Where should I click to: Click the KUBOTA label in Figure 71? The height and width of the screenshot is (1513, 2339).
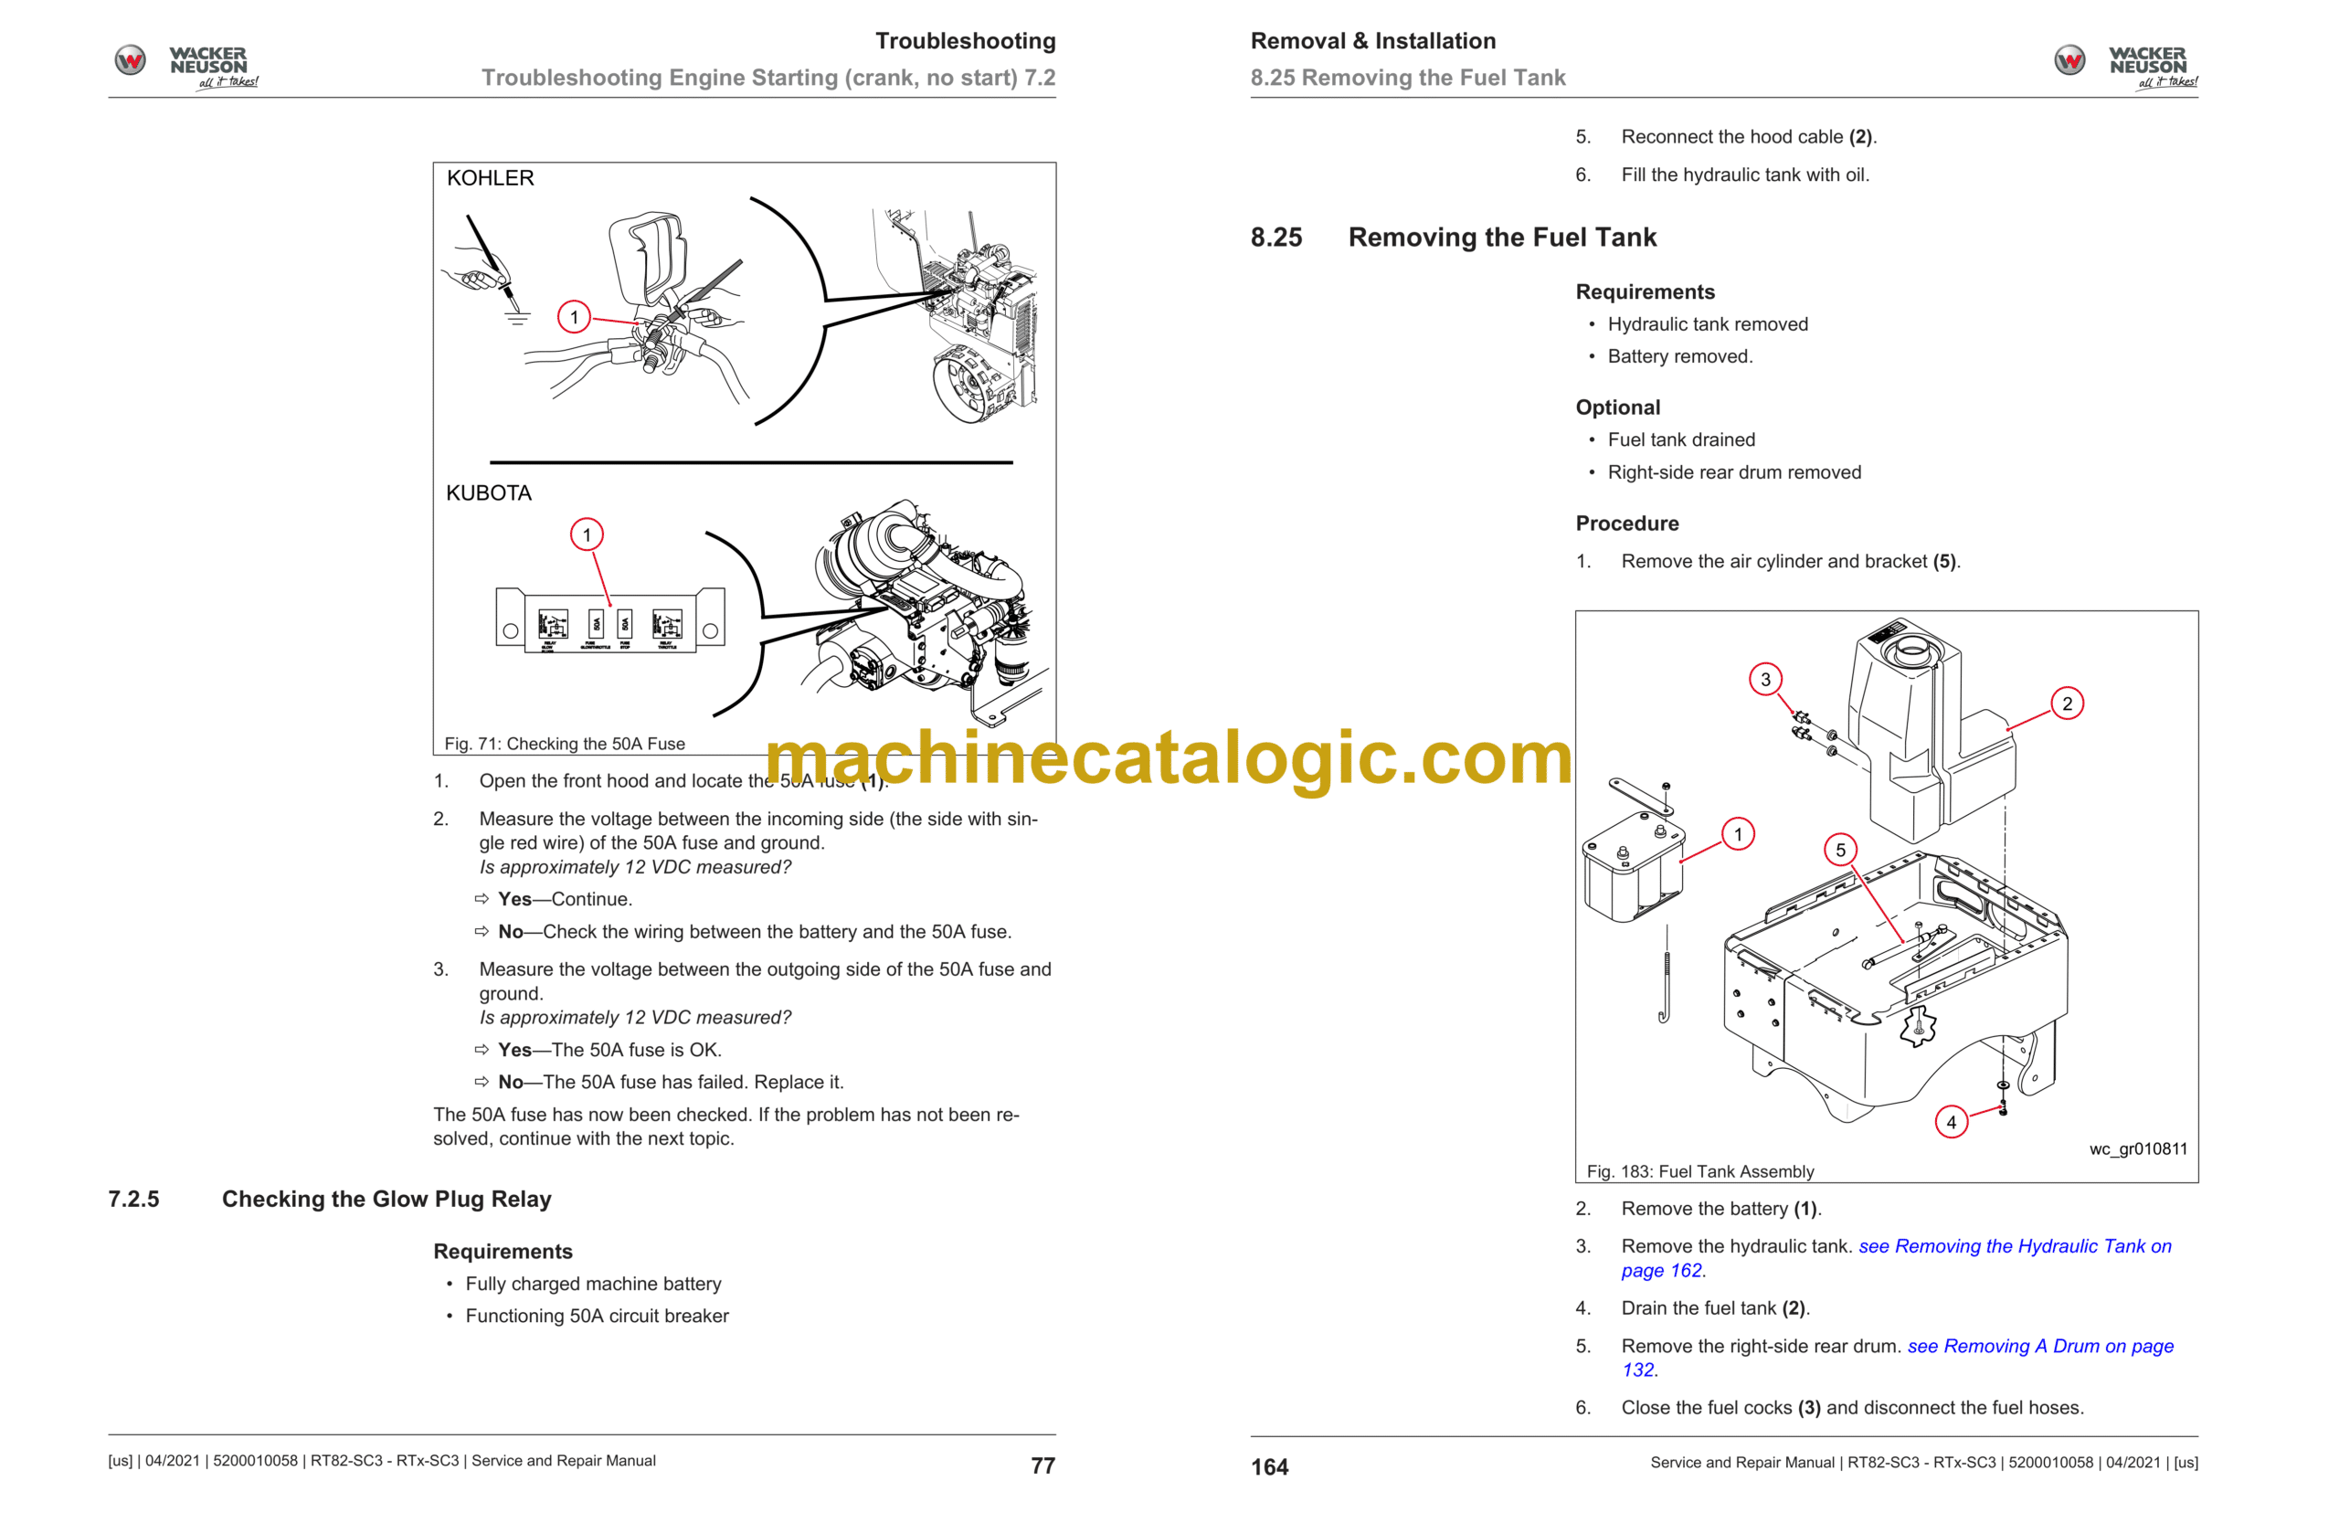(x=488, y=493)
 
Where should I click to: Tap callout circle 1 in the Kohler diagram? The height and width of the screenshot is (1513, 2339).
(x=574, y=317)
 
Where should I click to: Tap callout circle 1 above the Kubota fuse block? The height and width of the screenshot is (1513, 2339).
(x=587, y=535)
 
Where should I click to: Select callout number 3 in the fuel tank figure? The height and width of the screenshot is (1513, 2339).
(x=1764, y=680)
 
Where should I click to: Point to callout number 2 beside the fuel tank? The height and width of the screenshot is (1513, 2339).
(x=2067, y=704)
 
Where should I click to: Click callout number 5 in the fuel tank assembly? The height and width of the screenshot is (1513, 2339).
(x=1840, y=850)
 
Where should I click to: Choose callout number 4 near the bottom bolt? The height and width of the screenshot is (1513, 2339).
(x=1951, y=1122)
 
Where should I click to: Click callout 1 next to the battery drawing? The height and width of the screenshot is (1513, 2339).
(x=1738, y=835)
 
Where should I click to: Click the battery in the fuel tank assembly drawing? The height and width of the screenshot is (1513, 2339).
(x=1631, y=870)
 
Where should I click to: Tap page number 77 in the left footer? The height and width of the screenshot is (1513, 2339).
(x=1042, y=1465)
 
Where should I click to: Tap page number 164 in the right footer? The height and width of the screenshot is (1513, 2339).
(x=1269, y=1466)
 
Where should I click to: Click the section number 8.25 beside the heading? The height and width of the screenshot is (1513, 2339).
(x=1276, y=238)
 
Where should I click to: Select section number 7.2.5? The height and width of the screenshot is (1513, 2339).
(x=133, y=1200)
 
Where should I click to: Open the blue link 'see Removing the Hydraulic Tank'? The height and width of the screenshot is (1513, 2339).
(x=2014, y=1247)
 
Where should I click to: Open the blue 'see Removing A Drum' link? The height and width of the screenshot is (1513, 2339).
(x=2039, y=1347)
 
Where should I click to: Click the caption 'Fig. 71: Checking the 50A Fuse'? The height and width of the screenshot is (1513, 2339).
(x=564, y=745)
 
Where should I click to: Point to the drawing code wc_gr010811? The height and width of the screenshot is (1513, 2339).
(x=2138, y=1149)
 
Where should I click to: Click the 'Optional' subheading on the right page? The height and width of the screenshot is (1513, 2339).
(x=1617, y=407)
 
